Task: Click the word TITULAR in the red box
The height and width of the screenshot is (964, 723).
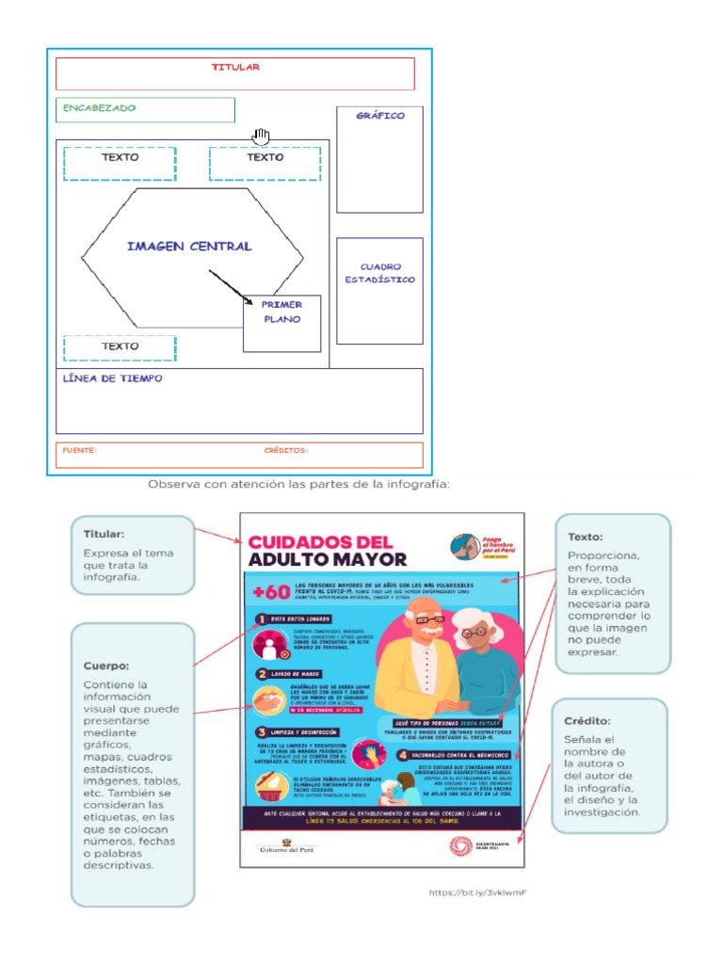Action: pos(235,68)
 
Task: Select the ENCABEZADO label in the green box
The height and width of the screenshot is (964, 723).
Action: pos(100,108)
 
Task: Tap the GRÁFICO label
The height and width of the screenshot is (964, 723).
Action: pos(380,116)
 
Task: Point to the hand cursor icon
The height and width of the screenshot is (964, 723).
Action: pos(261,137)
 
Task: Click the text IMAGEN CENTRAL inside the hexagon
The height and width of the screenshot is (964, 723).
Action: pos(189,247)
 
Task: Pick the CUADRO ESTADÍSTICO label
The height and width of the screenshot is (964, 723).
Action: pos(379,273)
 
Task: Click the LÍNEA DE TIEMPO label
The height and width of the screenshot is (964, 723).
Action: pos(112,378)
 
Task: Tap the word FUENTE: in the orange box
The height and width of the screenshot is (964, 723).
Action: pos(79,451)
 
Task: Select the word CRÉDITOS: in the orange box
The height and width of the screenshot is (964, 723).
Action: pos(286,451)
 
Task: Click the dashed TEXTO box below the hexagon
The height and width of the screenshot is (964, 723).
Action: pos(120,347)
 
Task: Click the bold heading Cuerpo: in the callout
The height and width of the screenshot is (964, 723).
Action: pos(104,666)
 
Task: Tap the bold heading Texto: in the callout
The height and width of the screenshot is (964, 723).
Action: pos(586,537)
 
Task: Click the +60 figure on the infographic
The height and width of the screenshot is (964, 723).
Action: pos(267,591)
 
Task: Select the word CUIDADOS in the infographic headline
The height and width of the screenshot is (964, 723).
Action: pos(306,542)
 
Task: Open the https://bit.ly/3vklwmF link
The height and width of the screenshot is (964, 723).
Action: pos(476,892)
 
